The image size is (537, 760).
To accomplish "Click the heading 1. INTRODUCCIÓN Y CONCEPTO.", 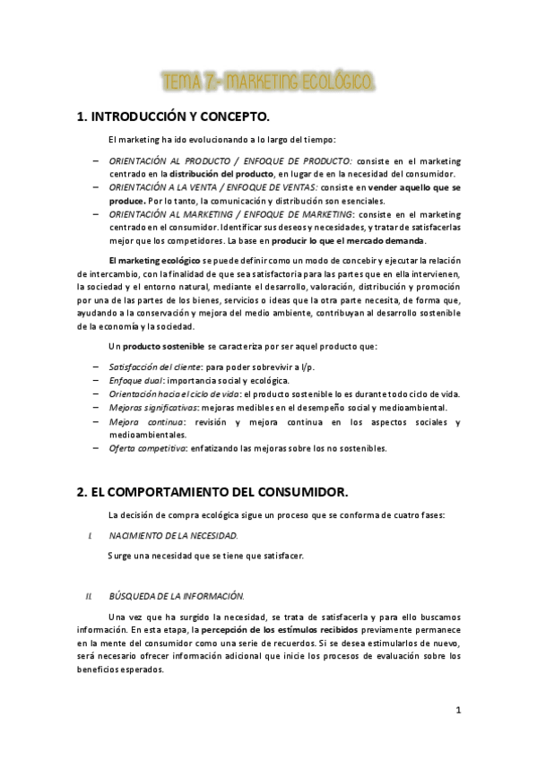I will click(x=173, y=117).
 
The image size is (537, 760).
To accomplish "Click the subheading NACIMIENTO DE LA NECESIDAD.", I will click(x=173, y=534).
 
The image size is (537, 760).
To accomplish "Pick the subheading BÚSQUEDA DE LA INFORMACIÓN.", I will click(x=176, y=596).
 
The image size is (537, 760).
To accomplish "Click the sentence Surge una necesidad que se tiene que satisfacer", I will click(x=204, y=556).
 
